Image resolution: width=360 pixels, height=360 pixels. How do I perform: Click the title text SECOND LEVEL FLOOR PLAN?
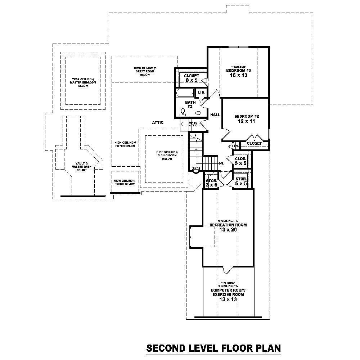click(213, 348)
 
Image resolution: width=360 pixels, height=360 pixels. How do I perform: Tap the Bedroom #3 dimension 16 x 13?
click(238, 76)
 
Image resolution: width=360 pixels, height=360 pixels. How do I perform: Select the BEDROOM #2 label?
click(247, 116)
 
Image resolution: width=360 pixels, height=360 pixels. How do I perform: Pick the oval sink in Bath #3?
click(198, 113)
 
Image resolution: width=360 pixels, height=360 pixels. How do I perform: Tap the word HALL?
click(215, 114)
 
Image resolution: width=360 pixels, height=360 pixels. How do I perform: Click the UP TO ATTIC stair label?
click(193, 124)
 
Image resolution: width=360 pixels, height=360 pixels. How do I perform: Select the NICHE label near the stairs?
click(196, 168)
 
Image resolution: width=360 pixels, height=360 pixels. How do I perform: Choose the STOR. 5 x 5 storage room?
click(241, 181)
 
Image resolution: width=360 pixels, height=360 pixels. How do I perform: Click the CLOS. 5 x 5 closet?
click(240, 161)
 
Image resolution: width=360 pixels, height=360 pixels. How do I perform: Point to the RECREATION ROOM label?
click(228, 225)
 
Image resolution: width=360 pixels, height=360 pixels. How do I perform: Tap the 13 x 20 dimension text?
click(228, 230)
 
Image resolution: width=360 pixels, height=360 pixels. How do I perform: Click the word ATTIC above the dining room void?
click(158, 122)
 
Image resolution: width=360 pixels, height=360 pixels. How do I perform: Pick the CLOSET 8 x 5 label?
click(191, 78)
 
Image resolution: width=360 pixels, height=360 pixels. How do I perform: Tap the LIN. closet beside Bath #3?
click(202, 93)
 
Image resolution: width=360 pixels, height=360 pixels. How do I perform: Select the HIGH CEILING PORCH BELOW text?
click(125, 182)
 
